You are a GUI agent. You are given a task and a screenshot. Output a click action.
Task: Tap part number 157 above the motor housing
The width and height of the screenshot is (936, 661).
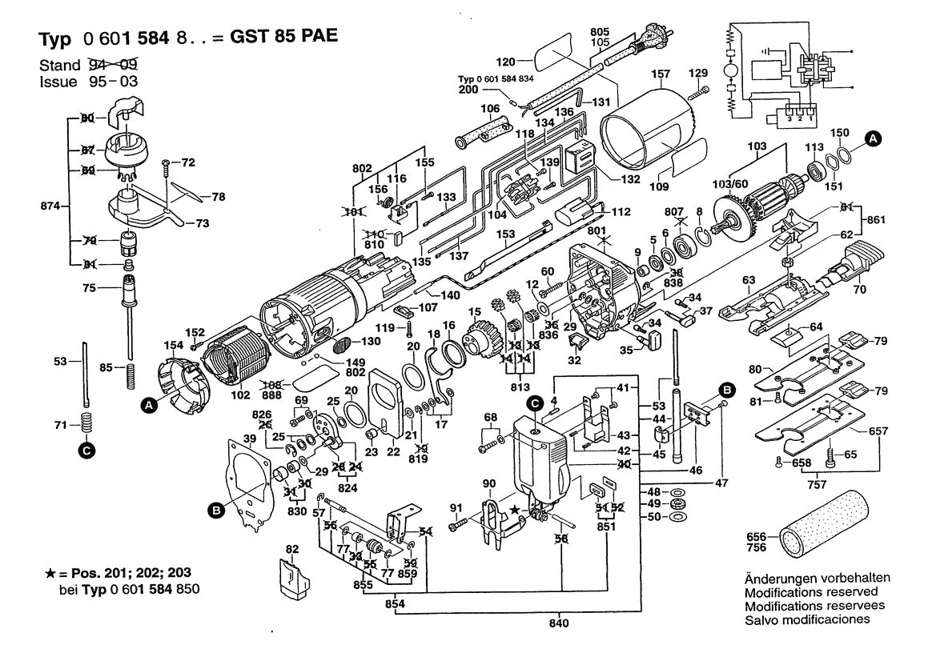(x=661, y=74)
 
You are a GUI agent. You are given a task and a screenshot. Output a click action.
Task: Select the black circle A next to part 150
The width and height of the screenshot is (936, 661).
(x=874, y=139)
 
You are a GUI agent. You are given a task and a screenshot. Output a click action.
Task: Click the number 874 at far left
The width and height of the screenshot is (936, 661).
(x=50, y=206)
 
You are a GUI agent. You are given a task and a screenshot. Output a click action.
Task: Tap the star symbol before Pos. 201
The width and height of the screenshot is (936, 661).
(x=50, y=575)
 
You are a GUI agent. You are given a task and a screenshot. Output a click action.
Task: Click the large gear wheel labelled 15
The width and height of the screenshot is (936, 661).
(x=483, y=335)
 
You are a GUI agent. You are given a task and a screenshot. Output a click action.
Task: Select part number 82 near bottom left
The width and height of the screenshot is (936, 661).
(x=292, y=550)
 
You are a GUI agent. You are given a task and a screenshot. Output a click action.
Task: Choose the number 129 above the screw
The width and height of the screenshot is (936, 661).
(x=699, y=74)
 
